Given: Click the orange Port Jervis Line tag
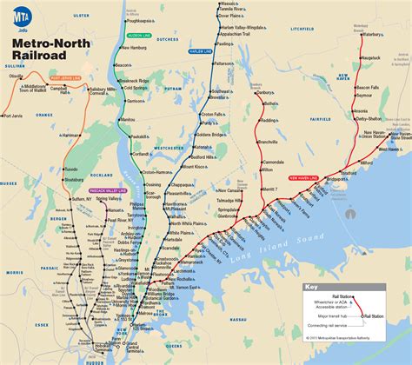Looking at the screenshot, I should tap(65, 79).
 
